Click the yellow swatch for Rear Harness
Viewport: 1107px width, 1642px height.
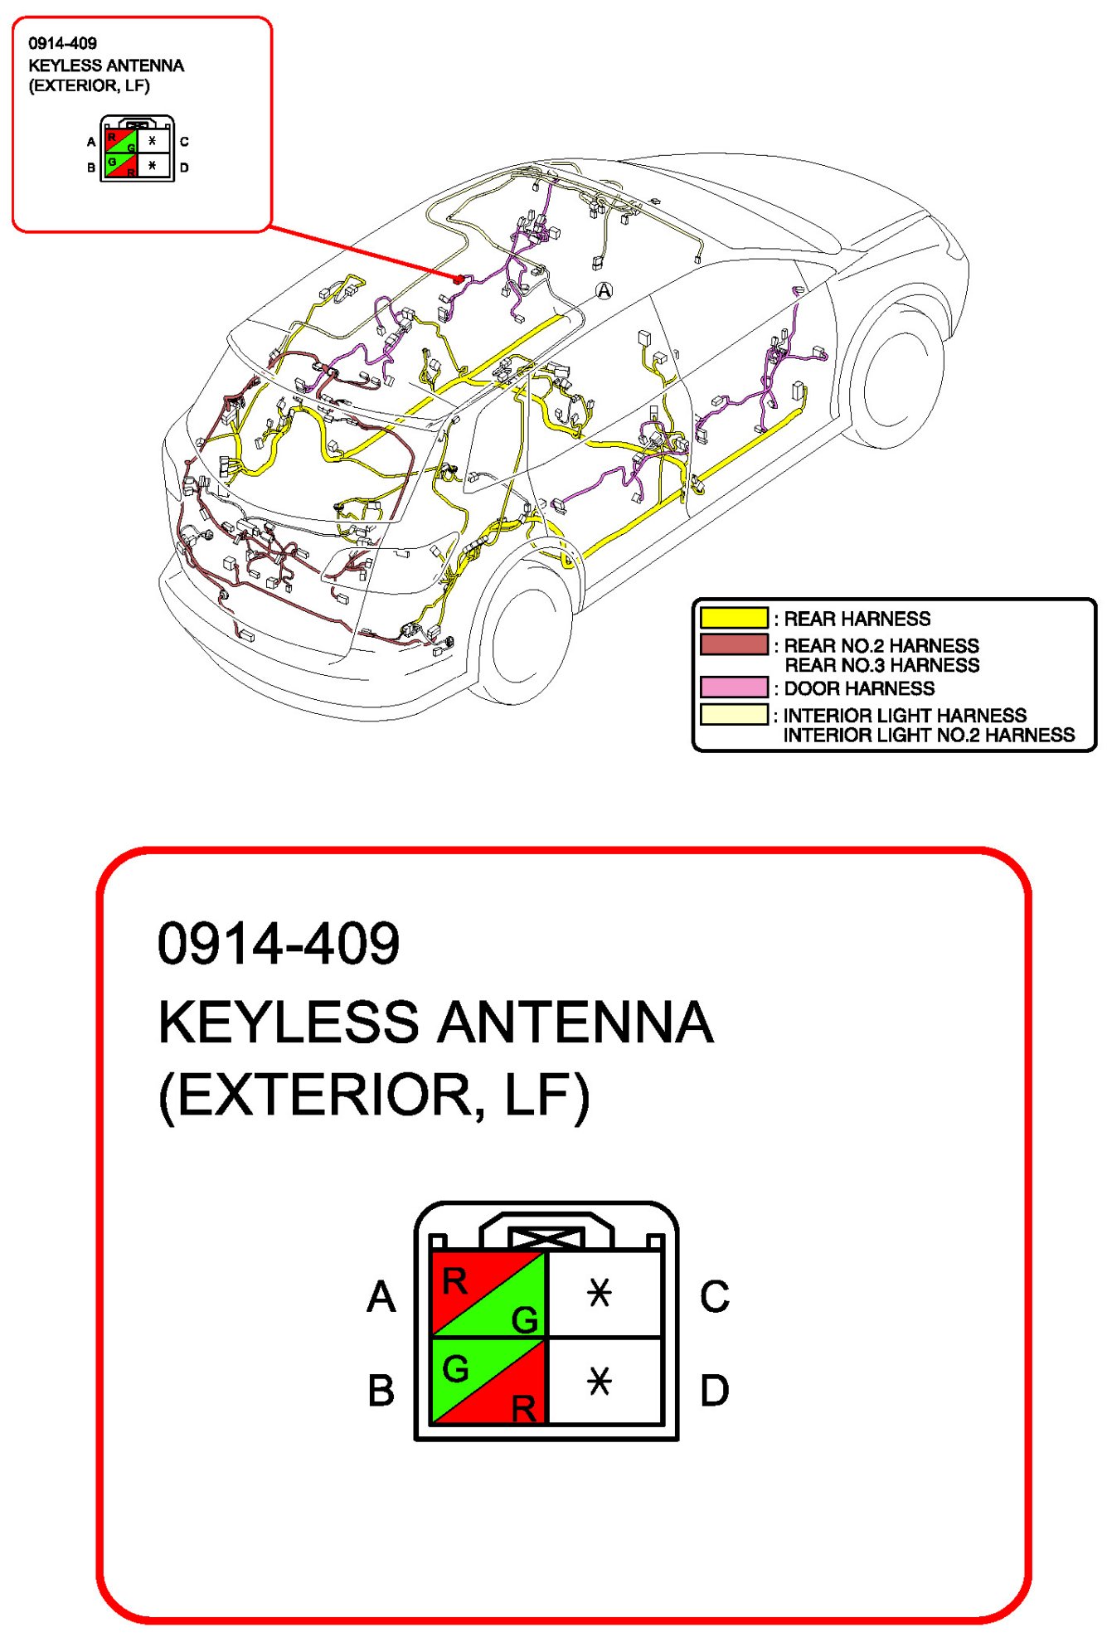734,618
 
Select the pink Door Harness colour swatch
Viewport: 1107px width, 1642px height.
734,687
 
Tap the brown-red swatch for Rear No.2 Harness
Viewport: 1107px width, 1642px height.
734,644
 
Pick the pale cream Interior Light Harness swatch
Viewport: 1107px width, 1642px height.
734,714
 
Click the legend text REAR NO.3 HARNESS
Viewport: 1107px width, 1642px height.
881,665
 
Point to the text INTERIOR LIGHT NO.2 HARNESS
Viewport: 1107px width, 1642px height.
928,735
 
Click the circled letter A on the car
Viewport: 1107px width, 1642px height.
604,290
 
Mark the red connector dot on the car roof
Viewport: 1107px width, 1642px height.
459,279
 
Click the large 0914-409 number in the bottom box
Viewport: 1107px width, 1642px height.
279,944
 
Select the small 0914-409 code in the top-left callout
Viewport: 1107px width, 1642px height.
62,43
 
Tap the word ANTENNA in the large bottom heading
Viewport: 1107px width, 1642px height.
575,1022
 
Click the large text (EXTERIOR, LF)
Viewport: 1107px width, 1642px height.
374,1095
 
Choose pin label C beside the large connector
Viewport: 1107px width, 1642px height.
714,1296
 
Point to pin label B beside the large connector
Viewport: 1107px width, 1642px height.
381,1390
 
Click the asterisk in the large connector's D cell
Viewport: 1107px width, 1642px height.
599,1381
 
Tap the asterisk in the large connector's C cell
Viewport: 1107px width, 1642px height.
599,1292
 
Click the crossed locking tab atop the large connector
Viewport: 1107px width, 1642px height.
546,1239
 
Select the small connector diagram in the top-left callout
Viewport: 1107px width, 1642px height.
137,149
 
